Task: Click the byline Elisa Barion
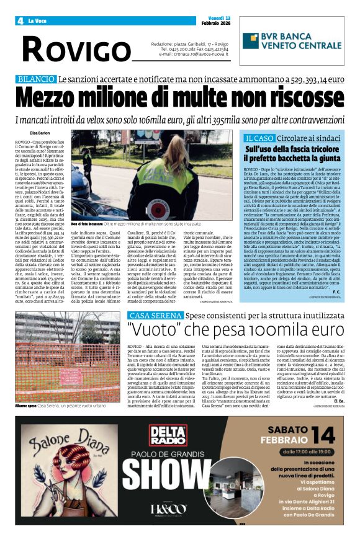tap(40, 132)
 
